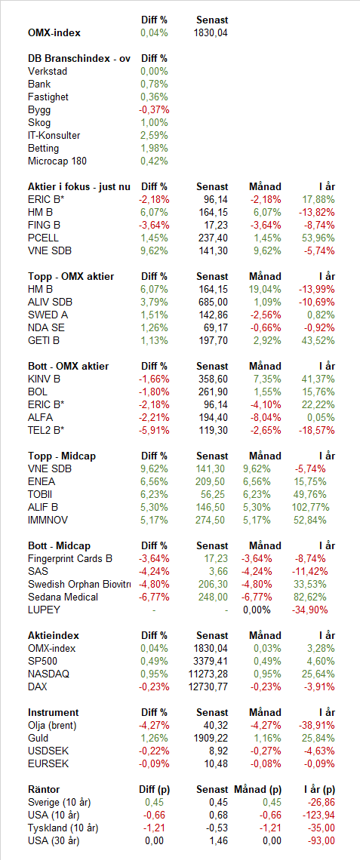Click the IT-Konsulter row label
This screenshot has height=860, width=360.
coord(54,136)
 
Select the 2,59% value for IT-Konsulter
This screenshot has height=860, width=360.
coord(154,136)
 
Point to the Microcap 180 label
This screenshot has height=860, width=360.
coord(57,161)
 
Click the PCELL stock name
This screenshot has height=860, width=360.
coord(43,238)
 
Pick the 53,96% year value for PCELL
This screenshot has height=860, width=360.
coord(318,238)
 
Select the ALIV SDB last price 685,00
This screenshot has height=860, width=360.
coord(212,303)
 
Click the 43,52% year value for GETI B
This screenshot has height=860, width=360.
coord(318,340)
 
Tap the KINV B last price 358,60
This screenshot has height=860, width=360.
coord(212,379)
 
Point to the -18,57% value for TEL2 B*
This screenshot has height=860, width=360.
coord(317,431)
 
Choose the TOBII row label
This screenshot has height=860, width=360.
coord(40,495)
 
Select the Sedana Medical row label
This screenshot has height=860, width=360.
coord(63,597)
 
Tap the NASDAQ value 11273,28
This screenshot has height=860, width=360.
coord(208,674)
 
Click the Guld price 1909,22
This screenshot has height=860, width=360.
coord(210,739)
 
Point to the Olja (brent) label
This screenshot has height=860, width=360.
coord(52,726)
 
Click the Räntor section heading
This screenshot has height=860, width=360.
coord(44,790)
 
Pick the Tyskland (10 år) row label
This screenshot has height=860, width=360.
coord(63,828)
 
